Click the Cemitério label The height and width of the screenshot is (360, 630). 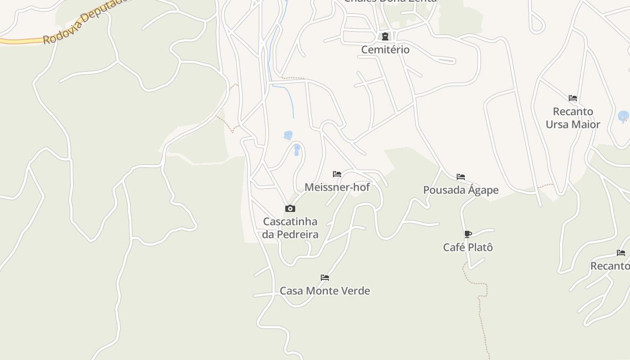[x=385, y=49]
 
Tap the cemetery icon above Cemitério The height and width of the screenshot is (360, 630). [x=385, y=37]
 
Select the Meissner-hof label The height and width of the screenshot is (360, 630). [x=337, y=187]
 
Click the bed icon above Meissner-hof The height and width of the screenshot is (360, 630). [x=337, y=174]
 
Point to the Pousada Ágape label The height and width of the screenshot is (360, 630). [x=461, y=190]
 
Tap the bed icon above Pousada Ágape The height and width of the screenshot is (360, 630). [x=460, y=177]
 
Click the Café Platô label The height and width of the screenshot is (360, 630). [x=468, y=247]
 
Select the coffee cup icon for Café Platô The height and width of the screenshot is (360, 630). [x=468, y=234]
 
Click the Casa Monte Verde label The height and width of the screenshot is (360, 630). [x=325, y=291]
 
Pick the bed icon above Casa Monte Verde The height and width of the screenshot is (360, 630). [x=324, y=278]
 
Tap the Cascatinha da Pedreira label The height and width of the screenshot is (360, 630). [x=290, y=228]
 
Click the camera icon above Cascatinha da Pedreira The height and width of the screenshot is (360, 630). [x=290, y=208]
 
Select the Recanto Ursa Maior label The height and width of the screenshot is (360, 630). [x=573, y=118]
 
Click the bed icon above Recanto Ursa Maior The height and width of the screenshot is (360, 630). [x=572, y=98]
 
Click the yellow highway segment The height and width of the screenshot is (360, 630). [x=18, y=41]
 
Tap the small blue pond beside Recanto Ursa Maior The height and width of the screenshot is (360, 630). [x=623, y=117]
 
